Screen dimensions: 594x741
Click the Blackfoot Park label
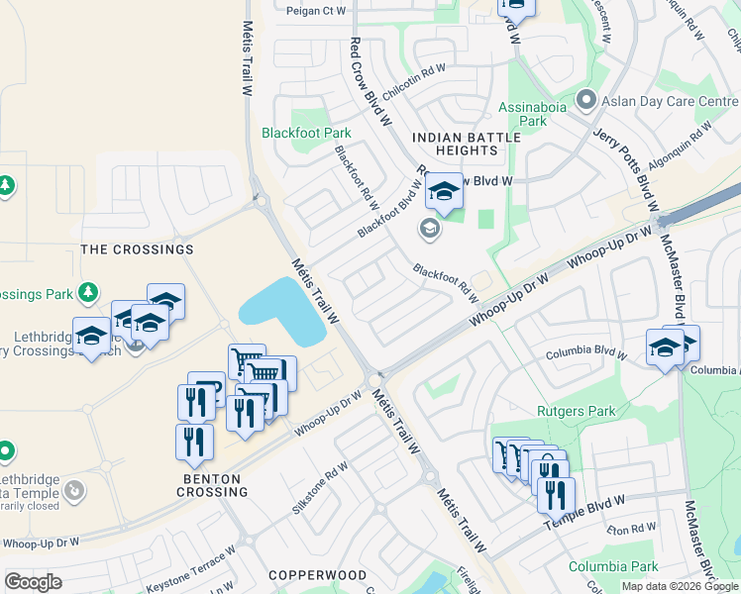click(306, 133)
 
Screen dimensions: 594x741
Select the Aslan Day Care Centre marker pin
click(586, 101)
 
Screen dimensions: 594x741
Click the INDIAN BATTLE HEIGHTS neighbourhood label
click(454, 144)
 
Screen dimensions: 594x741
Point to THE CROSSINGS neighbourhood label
click(137, 249)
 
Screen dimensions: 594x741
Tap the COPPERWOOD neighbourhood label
click(317, 575)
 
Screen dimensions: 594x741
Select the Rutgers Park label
click(576, 411)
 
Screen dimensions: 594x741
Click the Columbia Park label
click(613, 567)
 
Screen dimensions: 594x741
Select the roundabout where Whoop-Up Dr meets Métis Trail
click(373, 381)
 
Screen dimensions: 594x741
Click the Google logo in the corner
click(33, 582)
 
